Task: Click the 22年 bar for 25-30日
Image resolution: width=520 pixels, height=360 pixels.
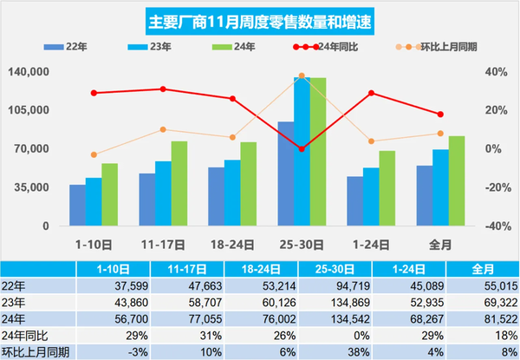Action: point(285,173)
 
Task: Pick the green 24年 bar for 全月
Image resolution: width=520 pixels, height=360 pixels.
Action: point(457,180)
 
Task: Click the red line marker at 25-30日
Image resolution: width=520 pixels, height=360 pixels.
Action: point(302,149)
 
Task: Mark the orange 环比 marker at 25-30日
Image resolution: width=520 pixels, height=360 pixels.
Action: point(302,76)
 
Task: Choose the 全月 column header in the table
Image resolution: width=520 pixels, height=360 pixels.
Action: point(483,268)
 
